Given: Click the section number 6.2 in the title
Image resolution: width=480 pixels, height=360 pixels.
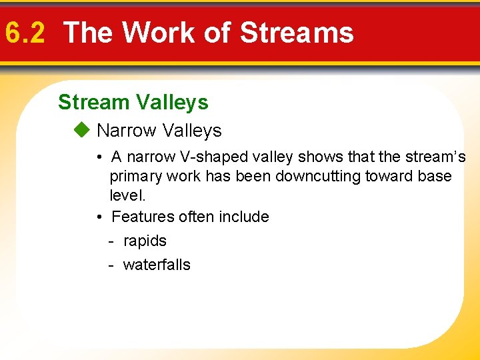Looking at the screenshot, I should coord(25,32).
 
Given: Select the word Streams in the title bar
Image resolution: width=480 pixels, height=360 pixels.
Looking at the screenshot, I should coord(297,32).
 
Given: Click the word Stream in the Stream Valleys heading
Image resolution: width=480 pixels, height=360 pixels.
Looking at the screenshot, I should coord(93,103).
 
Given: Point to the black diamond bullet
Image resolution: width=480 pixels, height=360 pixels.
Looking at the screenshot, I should coord(82,131).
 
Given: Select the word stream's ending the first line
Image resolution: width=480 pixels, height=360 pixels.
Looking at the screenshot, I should coord(435,157).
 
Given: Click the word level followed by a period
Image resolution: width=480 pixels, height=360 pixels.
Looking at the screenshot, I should coord(127,196).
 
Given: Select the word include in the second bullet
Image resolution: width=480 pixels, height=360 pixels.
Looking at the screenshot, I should coord(247,217).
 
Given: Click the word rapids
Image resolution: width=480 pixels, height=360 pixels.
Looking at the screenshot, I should coord(145,241).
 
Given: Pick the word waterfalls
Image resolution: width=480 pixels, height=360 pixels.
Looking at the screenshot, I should coord(157,265).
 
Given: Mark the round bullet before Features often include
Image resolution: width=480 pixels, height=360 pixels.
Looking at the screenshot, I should coord(98,217).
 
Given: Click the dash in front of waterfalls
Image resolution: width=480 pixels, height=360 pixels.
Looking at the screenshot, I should coord(111,265).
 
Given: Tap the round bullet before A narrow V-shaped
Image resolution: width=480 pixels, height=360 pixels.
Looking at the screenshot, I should coord(98,158).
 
